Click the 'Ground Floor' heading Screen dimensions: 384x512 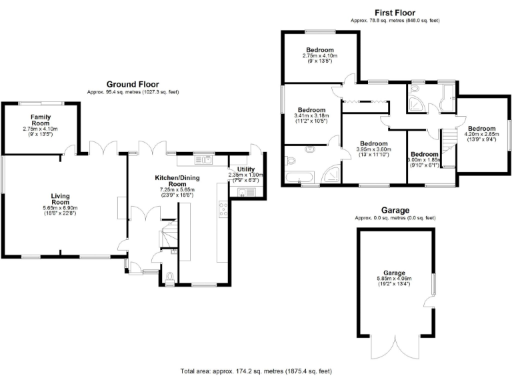(133, 84)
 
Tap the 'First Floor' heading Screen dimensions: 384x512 (395, 13)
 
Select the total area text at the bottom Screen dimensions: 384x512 (256, 371)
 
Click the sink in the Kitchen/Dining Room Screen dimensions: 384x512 (208, 159)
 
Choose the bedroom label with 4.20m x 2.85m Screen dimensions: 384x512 (481, 129)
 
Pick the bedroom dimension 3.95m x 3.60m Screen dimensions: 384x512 (373, 150)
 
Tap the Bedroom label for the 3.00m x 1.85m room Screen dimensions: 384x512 (423, 153)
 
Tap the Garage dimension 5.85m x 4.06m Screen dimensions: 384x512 (394, 279)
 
